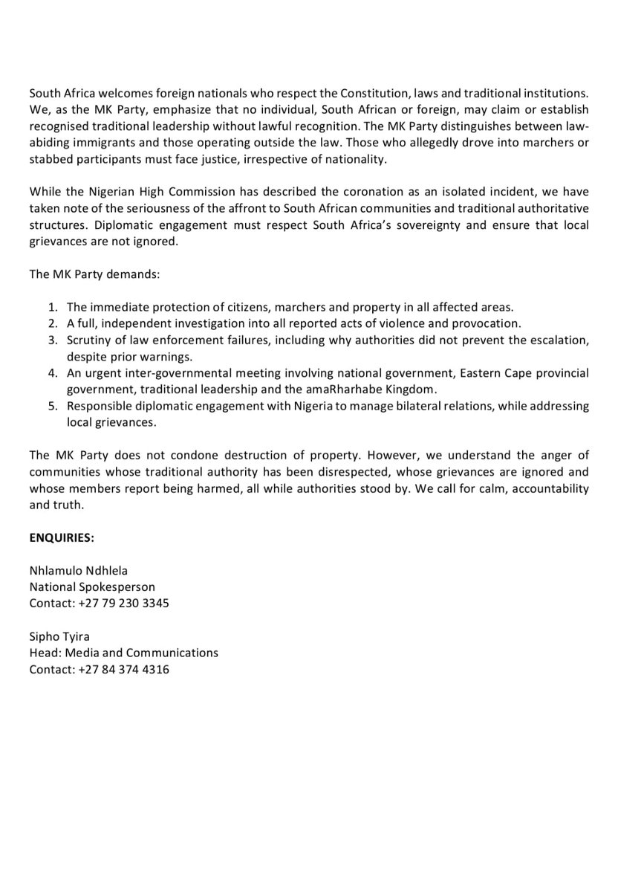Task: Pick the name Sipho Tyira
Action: tap(59, 636)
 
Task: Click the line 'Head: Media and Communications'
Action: tap(123, 653)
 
